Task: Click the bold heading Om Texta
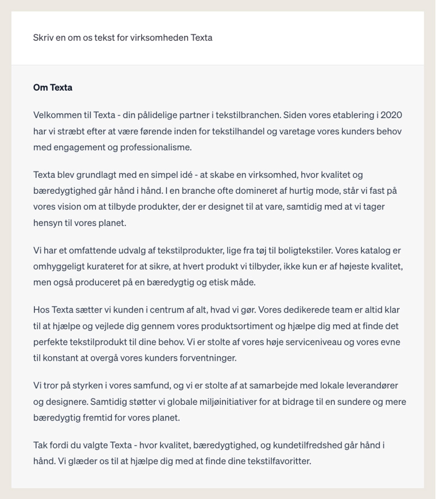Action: [53, 88]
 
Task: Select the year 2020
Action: [391, 115]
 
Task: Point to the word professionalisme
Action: [155, 147]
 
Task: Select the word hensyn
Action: [49, 223]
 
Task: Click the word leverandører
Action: [368, 385]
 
